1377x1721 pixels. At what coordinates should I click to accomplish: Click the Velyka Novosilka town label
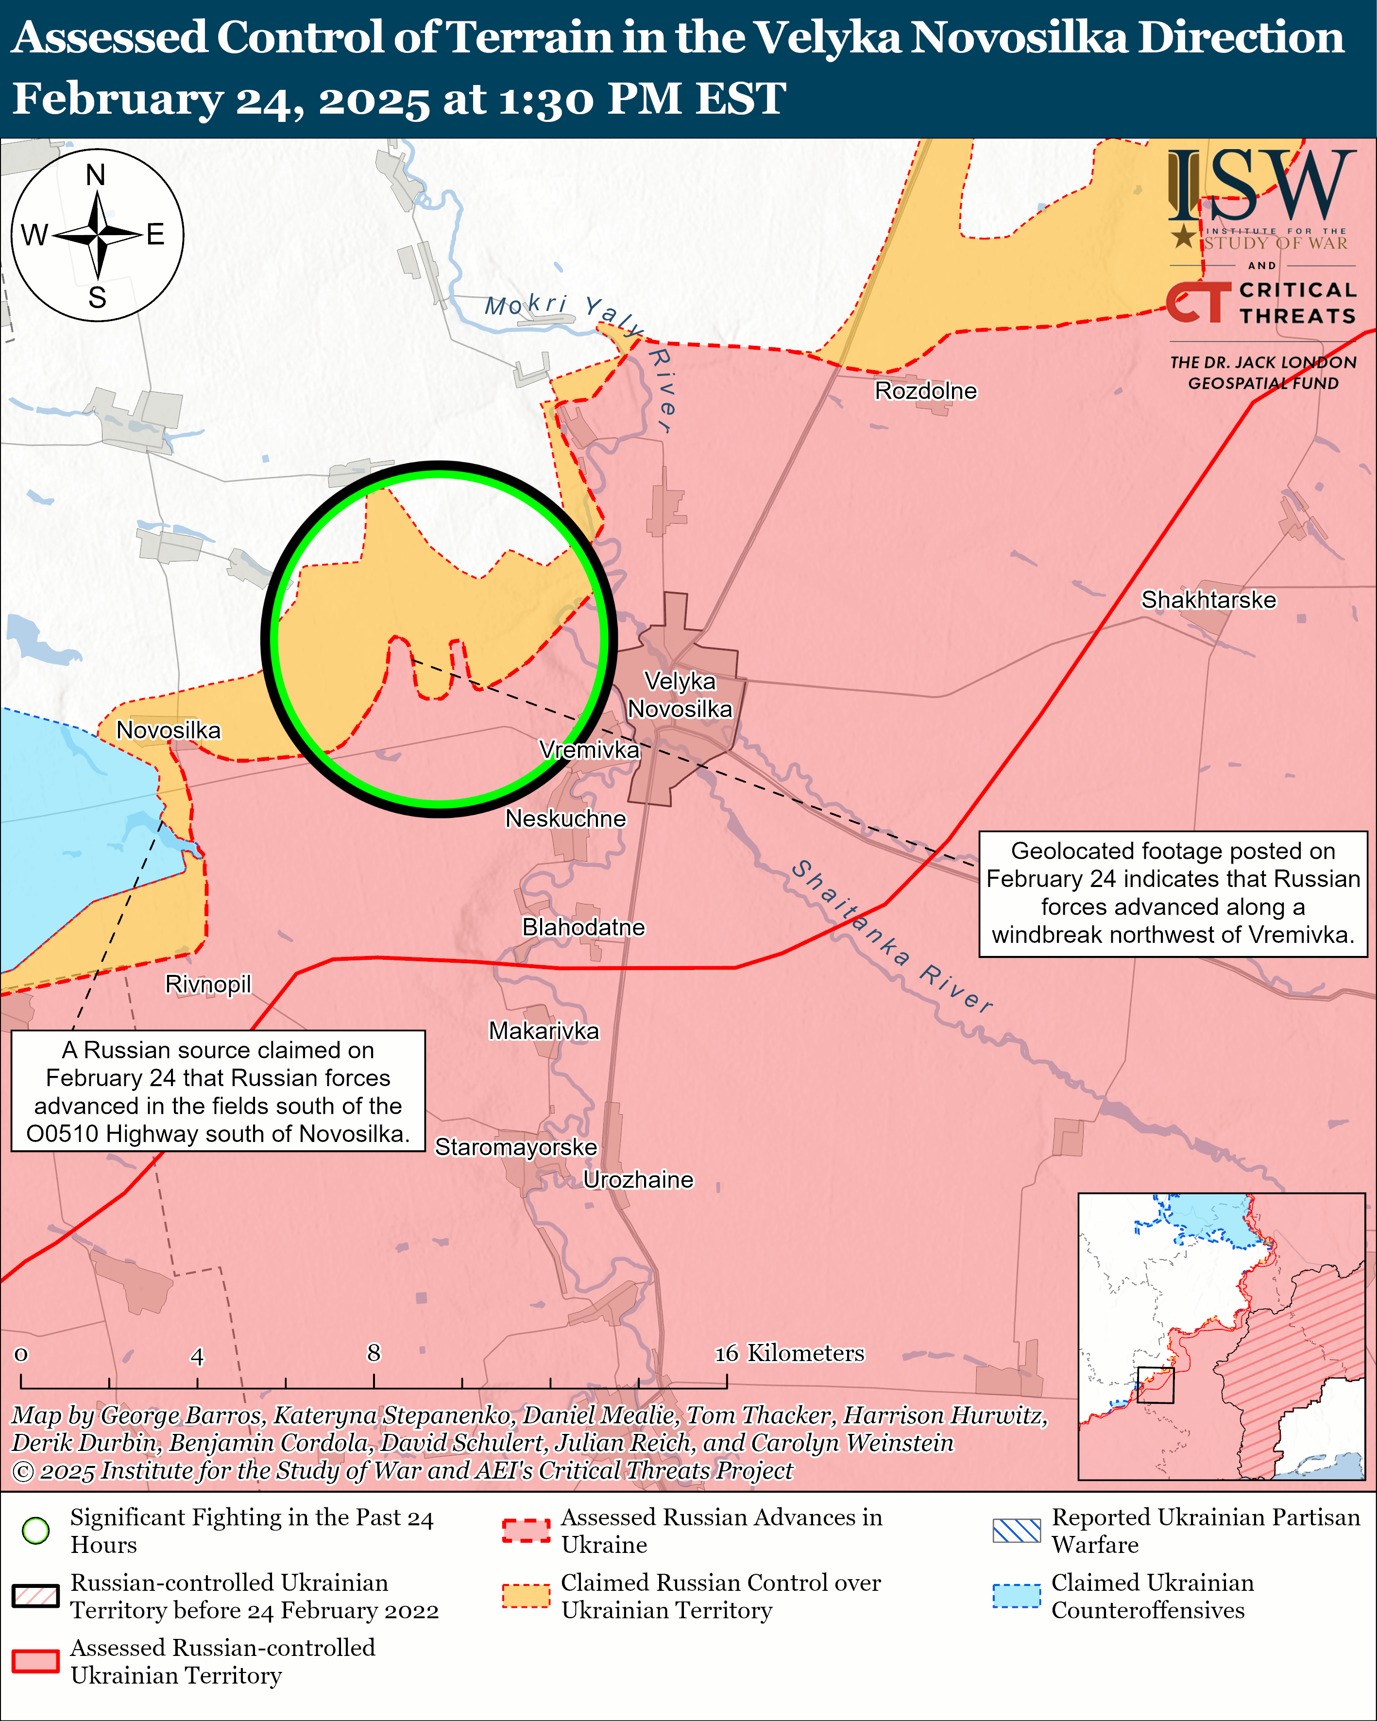[x=680, y=695]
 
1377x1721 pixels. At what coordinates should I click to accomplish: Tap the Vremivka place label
[x=589, y=750]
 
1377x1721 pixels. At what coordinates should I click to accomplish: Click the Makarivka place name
[x=544, y=1031]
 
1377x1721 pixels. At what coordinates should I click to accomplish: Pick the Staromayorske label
[x=516, y=1146]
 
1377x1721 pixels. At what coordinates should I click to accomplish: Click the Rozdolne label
[x=925, y=391]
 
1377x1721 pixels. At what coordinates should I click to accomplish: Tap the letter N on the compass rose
[x=96, y=175]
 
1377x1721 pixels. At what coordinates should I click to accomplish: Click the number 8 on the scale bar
[x=374, y=1352]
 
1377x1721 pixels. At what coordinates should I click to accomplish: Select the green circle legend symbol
[x=36, y=1530]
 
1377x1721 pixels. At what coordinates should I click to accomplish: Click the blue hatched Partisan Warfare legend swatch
[x=1016, y=1530]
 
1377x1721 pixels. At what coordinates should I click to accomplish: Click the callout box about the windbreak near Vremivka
[x=1173, y=893]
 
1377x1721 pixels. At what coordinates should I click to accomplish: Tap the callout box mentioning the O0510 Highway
[x=218, y=1091]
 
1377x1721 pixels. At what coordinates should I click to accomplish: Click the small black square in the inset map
[x=1155, y=1385]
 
